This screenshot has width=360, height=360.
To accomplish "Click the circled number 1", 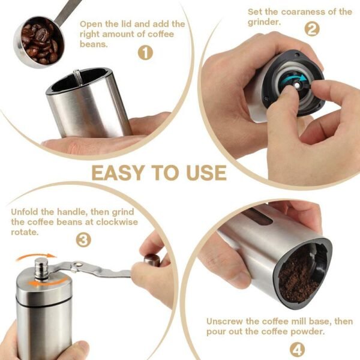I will pyautogui.click(x=145, y=53).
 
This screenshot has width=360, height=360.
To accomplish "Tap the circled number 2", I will pyautogui.click(x=311, y=29).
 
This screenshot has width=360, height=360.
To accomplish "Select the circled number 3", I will pyautogui.click(x=84, y=241).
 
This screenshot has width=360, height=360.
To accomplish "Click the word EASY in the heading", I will pyautogui.click(x=118, y=172).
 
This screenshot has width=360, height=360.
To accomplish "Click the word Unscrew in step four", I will pyautogui.click(x=226, y=321).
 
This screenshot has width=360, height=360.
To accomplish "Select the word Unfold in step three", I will pyautogui.click(x=26, y=211).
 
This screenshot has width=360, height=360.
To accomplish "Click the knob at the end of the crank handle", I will pyautogui.click(x=152, y=260).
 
